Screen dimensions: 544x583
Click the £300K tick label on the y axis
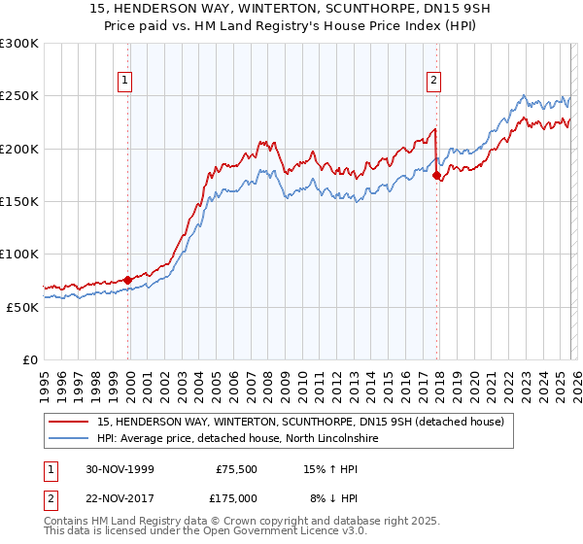pyautogui.click(x=19, y=44)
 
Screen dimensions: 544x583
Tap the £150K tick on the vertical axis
pyautogui.click(x=19, y=201)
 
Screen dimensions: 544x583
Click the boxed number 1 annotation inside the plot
pyautogui.click(x=126, y=82)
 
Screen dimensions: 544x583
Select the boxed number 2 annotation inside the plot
pyautogui.click(x=433, y=82)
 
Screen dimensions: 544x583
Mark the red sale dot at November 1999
pyautogui.click(x=128, y=280)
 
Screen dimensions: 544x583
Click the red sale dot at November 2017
pyautogui.click(x=437, y=176)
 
